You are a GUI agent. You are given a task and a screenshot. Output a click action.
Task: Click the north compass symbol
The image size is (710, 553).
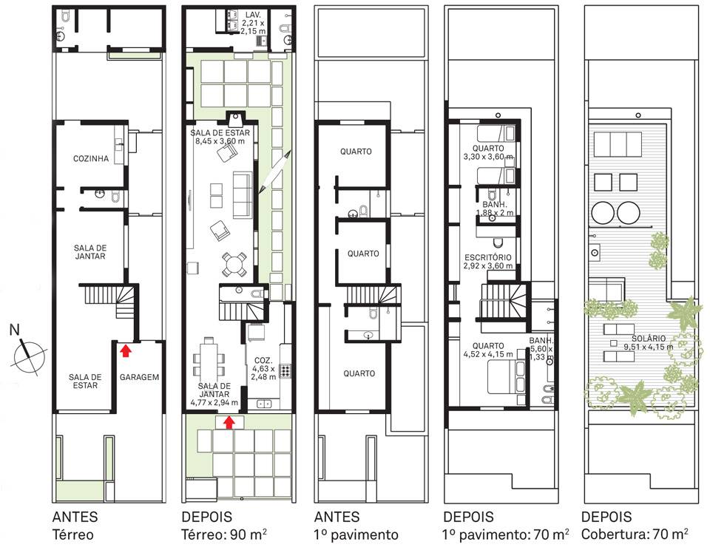(x=27, y=353)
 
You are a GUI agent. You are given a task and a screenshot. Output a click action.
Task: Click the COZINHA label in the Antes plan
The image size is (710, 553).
(x=91, y=158)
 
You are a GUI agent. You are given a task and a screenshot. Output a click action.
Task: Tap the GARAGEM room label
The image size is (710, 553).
(x=140, y=377)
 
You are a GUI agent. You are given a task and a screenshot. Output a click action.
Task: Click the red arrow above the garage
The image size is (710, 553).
(x=126, y=350)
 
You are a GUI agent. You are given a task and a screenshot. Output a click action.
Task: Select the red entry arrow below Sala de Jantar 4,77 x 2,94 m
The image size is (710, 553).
(x=229, y=421)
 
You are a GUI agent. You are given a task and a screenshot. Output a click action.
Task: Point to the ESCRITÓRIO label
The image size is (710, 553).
(x=488, y=257)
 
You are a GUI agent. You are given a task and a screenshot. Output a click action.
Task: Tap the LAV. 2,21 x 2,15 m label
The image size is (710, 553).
(x=253, y=23)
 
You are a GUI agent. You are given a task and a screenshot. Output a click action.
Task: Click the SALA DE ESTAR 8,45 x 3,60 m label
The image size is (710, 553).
(x=220, y=137)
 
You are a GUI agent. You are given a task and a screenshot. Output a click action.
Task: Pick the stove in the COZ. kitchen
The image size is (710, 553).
(x=285, y=371)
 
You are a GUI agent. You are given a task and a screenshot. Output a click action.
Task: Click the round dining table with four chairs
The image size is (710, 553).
(x=234, y=264)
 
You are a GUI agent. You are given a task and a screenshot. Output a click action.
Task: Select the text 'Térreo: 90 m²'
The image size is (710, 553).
(x=224, y=535)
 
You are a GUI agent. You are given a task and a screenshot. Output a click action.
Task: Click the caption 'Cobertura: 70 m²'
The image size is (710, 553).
(x=635, y=535)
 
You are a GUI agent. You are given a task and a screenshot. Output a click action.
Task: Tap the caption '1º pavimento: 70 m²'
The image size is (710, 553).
(x=506, y=535)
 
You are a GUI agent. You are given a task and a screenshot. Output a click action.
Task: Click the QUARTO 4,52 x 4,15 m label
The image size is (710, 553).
(x=488, y=350)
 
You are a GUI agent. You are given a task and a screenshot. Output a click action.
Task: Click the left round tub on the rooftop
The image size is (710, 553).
(x=603, y=213)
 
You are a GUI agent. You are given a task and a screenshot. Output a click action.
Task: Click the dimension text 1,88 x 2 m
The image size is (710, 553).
(x=495, y=212)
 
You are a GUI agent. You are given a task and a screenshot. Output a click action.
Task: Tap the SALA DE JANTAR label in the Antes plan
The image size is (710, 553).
(x=90, y=252)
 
